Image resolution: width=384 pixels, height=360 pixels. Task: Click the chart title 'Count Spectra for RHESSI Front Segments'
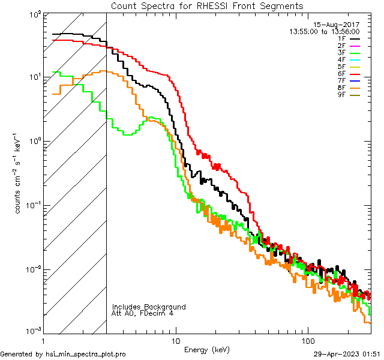[x=207, y=5]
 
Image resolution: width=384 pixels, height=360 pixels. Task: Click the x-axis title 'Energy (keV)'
[x=207, y=349]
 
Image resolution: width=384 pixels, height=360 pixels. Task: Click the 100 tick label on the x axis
[x=307, y=340]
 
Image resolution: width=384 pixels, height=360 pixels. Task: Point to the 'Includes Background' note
[x=149, y=307]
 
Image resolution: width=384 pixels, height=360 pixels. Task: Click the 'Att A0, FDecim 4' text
[x=143, y=314]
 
